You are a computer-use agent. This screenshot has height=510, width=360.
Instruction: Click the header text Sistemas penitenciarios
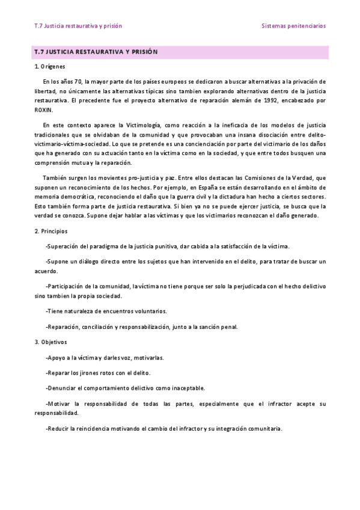pos(293,26)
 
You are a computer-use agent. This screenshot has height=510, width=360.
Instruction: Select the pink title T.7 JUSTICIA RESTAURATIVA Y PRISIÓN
pos(96,52)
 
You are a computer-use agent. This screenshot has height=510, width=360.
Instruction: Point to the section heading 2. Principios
pos(51,231)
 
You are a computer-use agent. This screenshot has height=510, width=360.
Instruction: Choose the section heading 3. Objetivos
pos(50,342)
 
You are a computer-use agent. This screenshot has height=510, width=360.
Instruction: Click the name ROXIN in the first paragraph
pos(44,109)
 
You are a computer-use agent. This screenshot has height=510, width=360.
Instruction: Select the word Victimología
pos(140,124)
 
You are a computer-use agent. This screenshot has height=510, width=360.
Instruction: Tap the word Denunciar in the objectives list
pos(61,388)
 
